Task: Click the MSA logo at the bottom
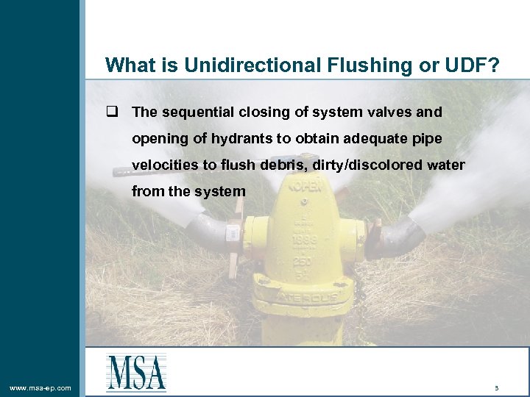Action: (136, 372)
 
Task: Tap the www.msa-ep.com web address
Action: (40, 387)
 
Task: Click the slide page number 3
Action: (497, 387)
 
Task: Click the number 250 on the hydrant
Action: (303, 262)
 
